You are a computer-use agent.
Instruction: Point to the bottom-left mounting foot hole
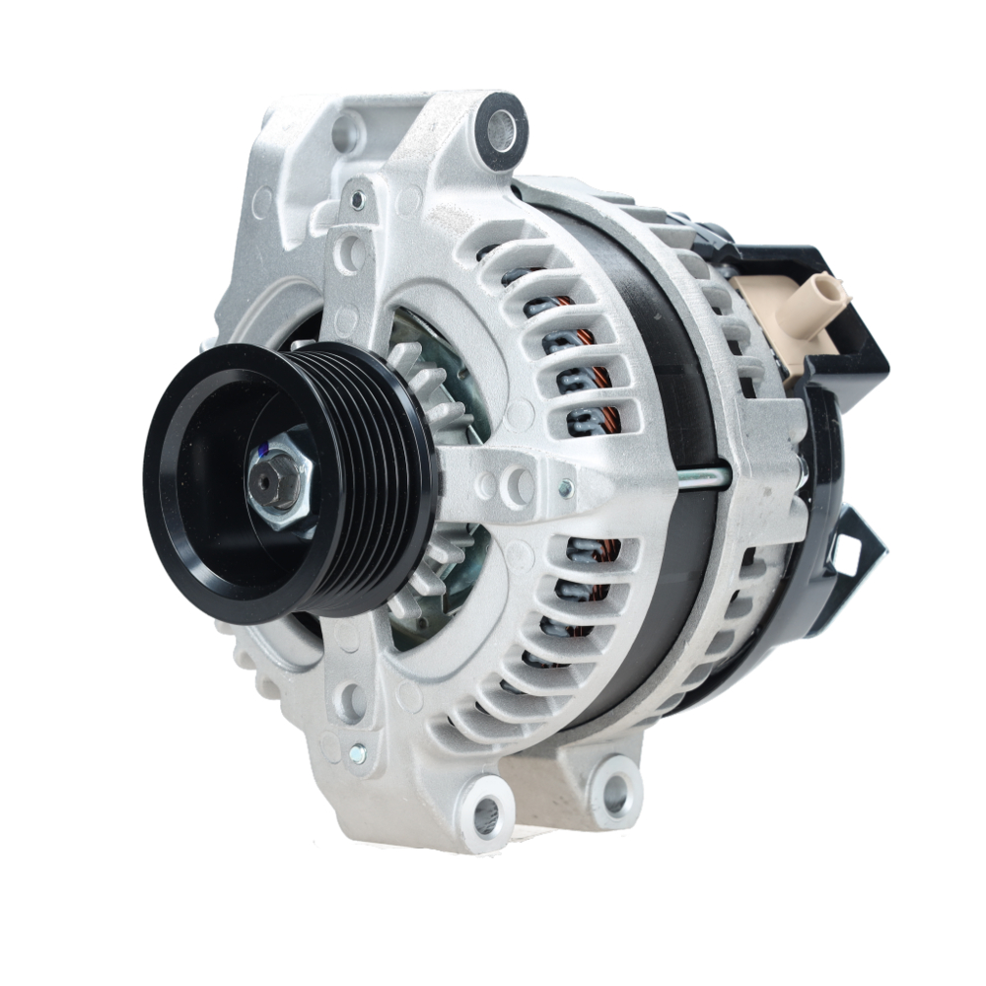486,812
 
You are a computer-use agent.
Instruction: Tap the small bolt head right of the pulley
564,487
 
